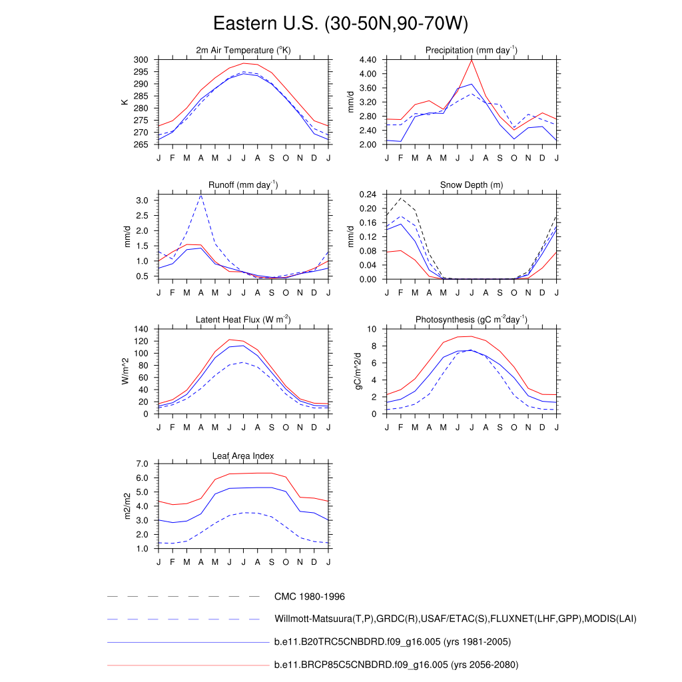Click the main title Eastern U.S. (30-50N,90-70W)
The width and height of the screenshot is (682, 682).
pos(340,24)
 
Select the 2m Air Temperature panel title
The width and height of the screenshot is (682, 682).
pos(243,51)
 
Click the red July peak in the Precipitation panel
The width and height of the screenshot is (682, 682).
pos(472,59)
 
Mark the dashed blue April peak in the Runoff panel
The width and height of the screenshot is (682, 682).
pos(201,195)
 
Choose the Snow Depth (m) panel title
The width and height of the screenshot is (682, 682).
pos(472,185)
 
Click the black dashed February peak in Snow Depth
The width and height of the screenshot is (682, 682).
pos(401,198)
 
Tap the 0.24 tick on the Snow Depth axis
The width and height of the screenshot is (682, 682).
pos(368,194)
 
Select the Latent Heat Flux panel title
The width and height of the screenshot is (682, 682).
pos(243,320)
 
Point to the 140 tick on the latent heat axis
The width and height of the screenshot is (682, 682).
pos(141,330)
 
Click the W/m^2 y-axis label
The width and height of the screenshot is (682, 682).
pos(125,372)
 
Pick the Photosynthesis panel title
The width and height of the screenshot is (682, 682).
pos(472,320)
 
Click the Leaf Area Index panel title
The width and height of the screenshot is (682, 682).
pos(243,456)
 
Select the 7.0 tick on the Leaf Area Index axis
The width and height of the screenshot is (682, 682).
pos(141,464)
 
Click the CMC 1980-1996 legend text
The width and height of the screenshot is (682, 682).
pos(309,597)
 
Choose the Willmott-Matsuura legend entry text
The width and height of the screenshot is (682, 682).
pos(455,619)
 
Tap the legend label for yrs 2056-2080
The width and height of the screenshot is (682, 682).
pos(396,665)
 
